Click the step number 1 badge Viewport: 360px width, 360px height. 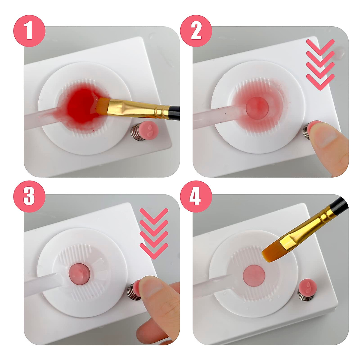point(29,31)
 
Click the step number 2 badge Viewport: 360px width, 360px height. point(196,31)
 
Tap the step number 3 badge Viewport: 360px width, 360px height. point(29,196)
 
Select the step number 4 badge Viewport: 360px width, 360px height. point(196,196)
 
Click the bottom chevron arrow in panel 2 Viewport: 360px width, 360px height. point(320,82)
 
